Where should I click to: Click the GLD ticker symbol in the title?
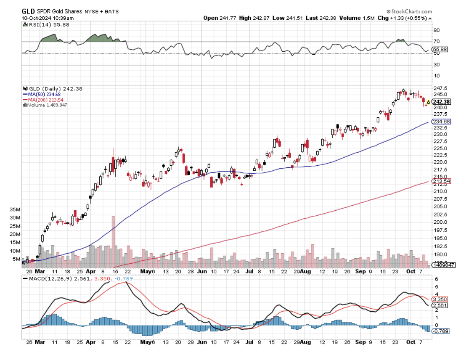(x=28, y=11)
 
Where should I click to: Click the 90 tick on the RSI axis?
(x=437, y=30)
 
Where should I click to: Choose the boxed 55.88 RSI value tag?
(x=440, y=49)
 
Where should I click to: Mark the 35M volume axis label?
(x=15, y=209)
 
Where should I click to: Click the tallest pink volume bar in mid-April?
(x=113, y=241)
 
